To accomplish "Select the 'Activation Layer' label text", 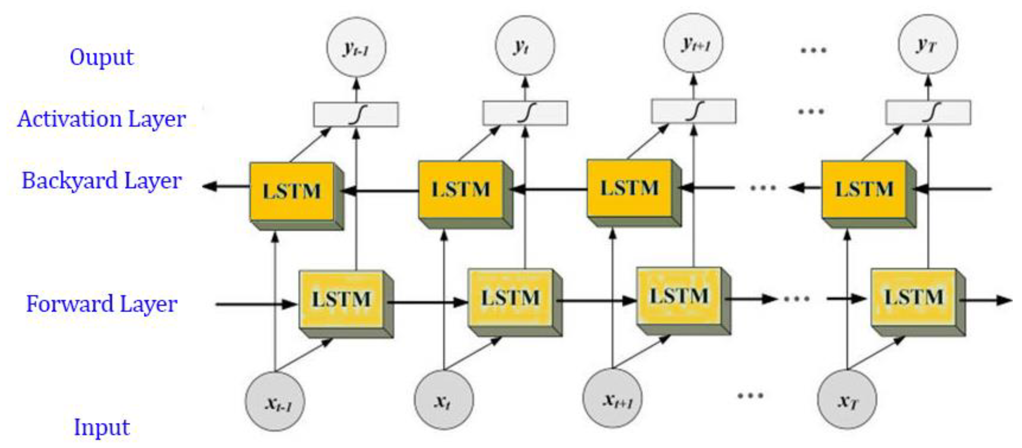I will click(101, 119).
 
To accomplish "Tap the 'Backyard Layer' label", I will click(101, 181).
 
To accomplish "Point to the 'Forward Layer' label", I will click(101, 304).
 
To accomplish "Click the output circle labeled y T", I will click(928, 44).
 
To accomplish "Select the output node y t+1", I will click(694, 44).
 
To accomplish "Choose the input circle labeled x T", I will click(847, 399).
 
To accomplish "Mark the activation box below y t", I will click(525, 113).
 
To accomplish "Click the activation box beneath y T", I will click(928, 113).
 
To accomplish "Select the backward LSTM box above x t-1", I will click(291, 191).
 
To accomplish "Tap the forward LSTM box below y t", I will click(510, 298).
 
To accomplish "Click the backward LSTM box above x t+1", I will click(629, 188).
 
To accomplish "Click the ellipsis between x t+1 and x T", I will click(750, 395).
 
